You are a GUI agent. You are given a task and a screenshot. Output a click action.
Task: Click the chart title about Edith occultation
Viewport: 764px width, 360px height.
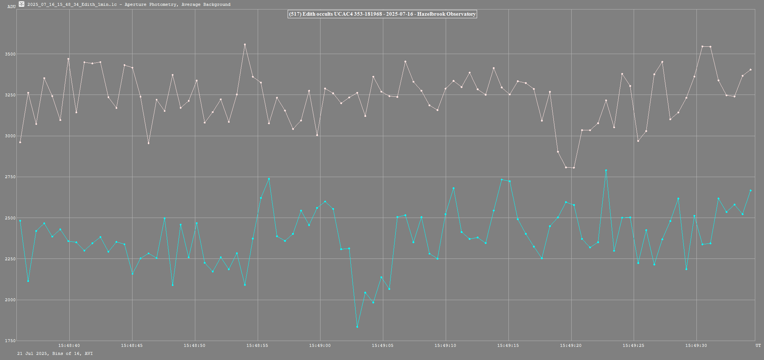pyautogui.click(x=382, y=14)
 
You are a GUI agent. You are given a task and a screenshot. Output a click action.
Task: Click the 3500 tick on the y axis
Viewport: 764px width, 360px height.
pyautogui.click(x=10, y=54)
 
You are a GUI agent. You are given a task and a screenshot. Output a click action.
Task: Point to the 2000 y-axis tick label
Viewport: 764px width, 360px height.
pyautogui.click(x=10, y=300)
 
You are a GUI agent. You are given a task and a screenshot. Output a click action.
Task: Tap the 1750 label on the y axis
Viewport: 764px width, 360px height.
pyautogui.click(x=10, y=341)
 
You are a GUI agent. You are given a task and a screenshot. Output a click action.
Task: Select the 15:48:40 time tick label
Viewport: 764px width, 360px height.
pyautogui.click(x=69, y=345)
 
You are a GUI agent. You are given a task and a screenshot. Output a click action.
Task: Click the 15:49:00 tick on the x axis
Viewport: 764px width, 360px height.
pyautogui.click(x=320, y=345)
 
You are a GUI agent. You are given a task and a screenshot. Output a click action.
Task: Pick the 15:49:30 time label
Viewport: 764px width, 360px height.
pyautogui.click(x=696, y=345)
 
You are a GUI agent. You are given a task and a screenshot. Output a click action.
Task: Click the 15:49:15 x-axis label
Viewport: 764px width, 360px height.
pyautogui.click(x=508, y=345)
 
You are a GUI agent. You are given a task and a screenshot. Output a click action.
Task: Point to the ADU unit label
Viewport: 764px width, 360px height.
pyautogui.click(x=11, y=7)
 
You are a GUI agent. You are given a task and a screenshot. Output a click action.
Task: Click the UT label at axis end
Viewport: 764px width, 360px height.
pyautogui.click(x=758, y=345)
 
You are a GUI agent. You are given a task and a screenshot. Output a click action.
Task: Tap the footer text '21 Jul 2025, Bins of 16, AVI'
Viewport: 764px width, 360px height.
pyautogui.click(x=55, y=353)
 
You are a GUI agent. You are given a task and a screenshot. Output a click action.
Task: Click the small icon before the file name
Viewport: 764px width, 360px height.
pyautogui.click(x=22, y=4)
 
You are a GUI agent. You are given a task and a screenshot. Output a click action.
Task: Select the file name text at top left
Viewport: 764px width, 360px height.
pyautogui.click(x=72, y=4)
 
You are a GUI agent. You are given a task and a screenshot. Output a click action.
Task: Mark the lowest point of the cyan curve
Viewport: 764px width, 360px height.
pyautogui.click(x=357, y=327)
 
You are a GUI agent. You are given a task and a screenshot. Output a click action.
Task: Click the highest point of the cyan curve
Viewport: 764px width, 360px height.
pyautogui.click(x=606, y=170)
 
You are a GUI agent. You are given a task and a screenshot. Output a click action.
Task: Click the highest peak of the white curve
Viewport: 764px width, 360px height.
pyautogui.click(x=245, y=45)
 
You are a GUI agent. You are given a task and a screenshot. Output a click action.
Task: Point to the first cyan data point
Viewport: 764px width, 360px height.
pyautogui.click(x=20, y=221)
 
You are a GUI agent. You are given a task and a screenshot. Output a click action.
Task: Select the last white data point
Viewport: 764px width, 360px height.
pyautogui.click(x=750, y=69)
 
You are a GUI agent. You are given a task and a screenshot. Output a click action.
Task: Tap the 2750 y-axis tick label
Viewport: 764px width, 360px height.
pyautogui.click(x=10, y=177)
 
